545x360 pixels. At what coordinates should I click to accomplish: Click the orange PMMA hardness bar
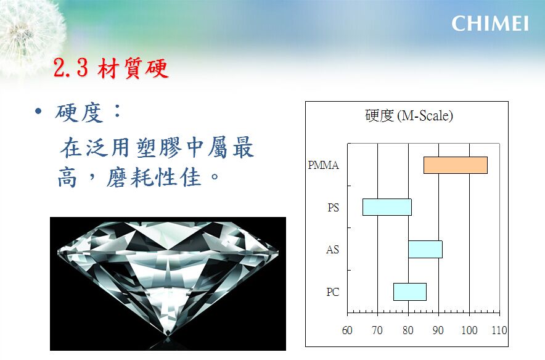[456, 165]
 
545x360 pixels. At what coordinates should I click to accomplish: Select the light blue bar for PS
[387, 207]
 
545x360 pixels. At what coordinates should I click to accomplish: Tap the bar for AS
[425, 250]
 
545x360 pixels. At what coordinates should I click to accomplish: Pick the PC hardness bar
[410, 292]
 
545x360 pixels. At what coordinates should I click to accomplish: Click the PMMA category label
[323, 165]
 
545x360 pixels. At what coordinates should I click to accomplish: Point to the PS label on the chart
[333, 208]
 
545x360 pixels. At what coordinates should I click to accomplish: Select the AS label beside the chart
[332, 250]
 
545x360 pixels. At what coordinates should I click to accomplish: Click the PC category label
[333, 292]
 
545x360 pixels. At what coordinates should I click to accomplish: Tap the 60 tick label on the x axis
[347, 330]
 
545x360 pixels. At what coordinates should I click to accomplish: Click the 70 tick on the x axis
[377, 330]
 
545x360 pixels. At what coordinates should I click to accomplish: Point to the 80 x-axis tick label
[408, 330]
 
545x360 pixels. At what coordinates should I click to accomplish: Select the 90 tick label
[438, 330]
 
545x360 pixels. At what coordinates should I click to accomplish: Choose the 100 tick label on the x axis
[469, 330]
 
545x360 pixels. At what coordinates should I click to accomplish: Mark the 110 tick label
[499, 330]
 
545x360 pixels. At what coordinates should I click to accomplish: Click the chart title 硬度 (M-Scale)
[409, 116]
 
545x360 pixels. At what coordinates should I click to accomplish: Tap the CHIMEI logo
[490, 23]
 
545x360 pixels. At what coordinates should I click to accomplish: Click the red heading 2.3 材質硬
[111, 68]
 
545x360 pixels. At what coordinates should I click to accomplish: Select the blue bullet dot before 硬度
[38, 112]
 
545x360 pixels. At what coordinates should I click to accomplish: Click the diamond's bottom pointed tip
[168, 336]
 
